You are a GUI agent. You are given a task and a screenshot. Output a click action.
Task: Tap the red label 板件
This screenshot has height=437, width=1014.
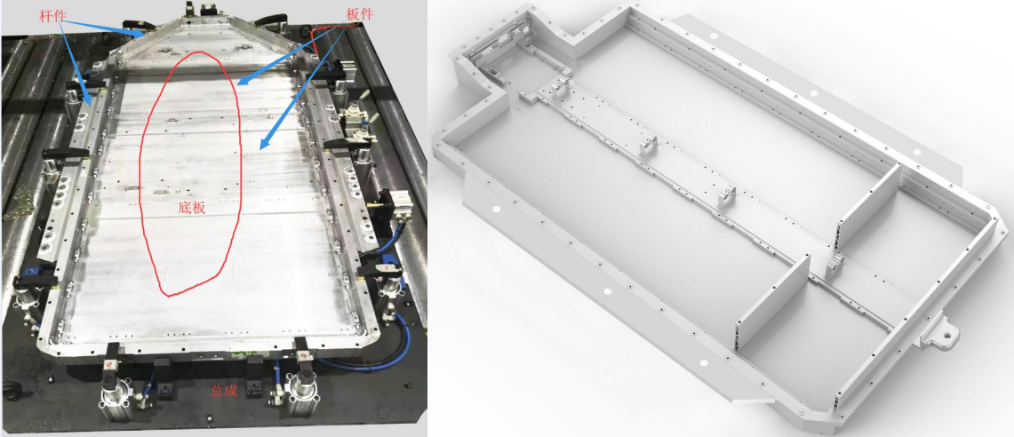coord(360,13)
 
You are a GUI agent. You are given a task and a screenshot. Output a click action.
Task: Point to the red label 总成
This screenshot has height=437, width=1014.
coord(224,391)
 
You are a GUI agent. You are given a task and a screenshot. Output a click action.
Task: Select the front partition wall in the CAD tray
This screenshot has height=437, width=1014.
coord(773,301)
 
